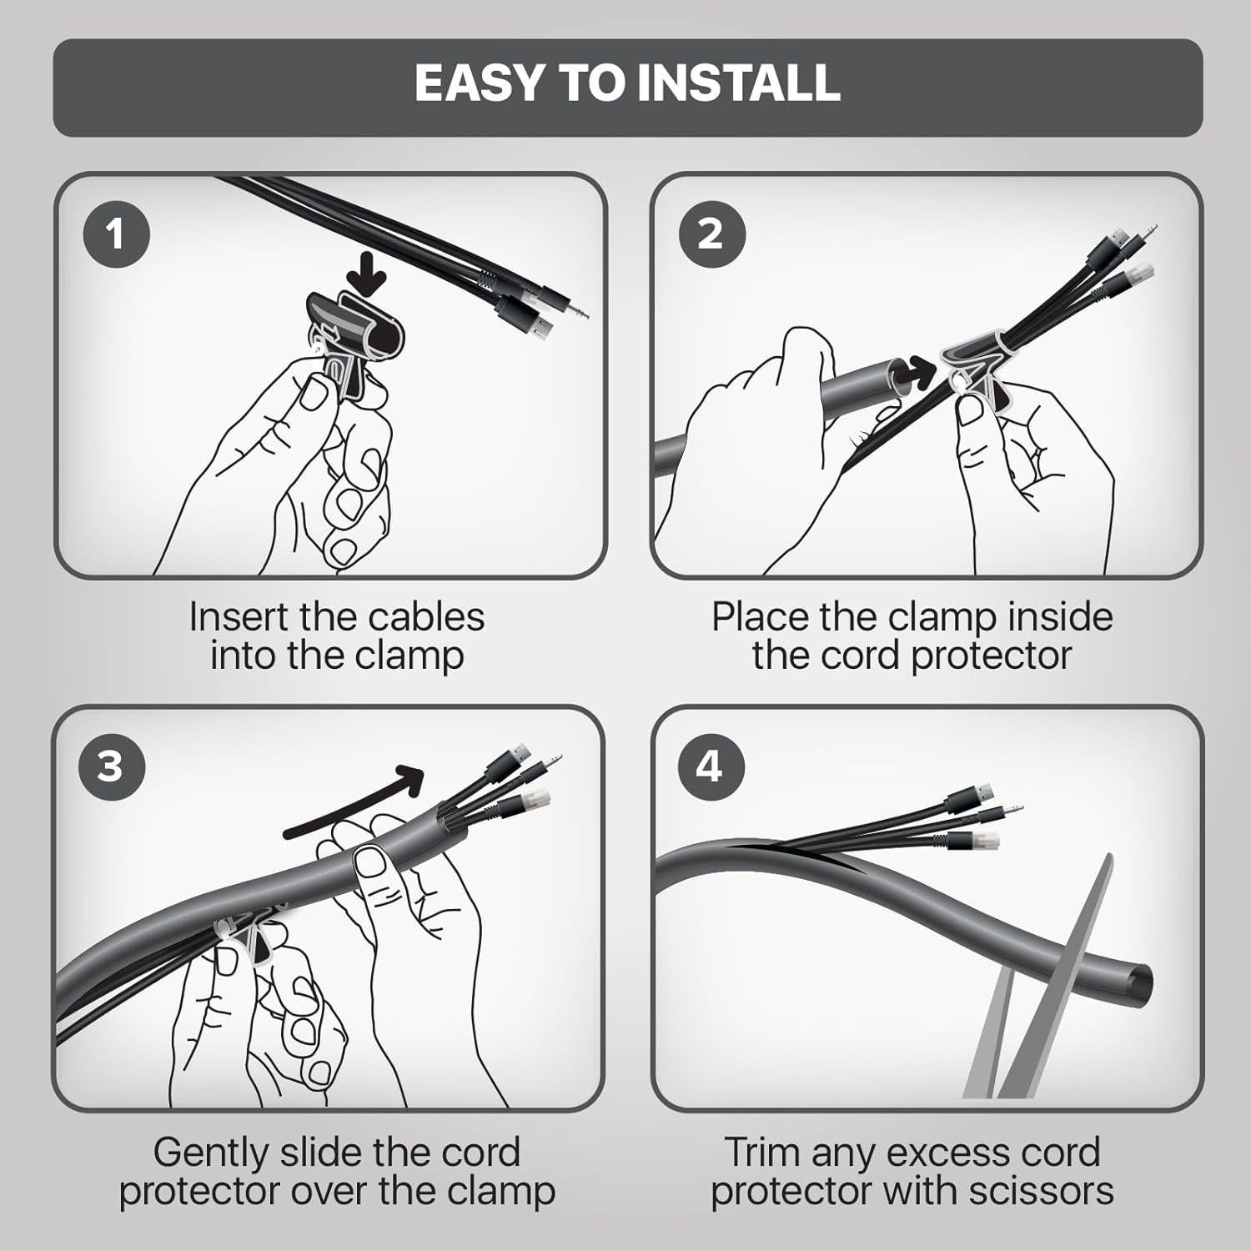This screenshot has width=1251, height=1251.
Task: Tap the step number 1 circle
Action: tap(116, 234)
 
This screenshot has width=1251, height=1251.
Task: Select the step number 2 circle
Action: tap(710, 234)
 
